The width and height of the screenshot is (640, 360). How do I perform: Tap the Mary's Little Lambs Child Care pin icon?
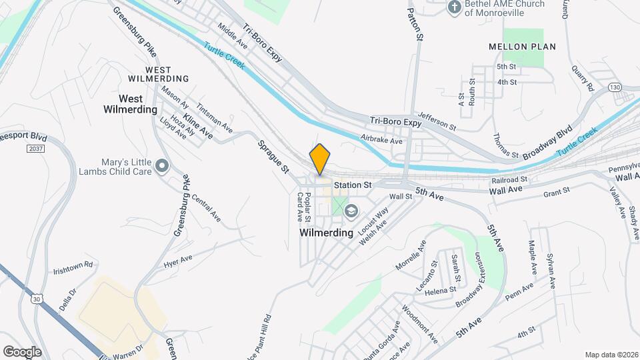[x=161, y=165]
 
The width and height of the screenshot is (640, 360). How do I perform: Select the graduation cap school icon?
[x=351, y=211]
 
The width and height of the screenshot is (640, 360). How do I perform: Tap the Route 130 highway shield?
[x=613, y=87]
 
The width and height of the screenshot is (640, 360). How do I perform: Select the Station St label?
[x=353, y=185]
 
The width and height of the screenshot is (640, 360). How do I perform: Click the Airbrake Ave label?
[x=381, y=141]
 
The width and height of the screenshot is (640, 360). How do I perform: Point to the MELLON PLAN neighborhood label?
[x=522, y=47]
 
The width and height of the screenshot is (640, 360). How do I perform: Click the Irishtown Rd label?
[x=74, y=265]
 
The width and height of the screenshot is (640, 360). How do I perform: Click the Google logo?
[x=22, y=351]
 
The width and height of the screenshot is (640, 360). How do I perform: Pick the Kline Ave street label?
[x=198, y=126]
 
